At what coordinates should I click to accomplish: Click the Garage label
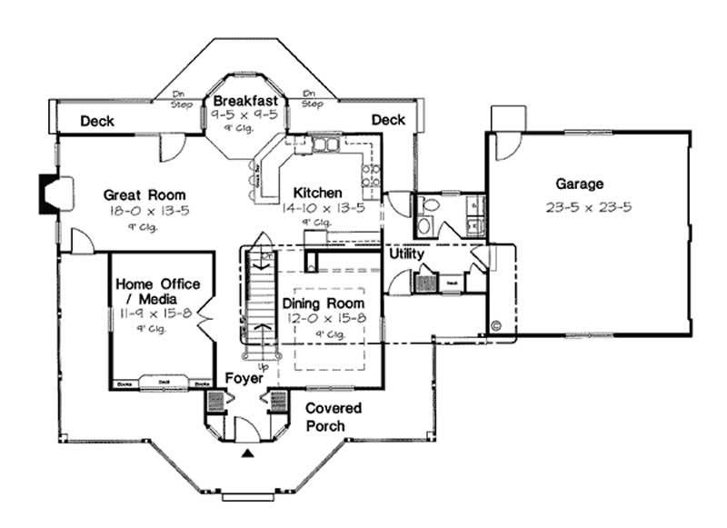pos(581,184)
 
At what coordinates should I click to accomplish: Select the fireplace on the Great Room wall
pos(47,194)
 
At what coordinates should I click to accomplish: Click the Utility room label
pos(406,254)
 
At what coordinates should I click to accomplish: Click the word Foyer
pos(244,377)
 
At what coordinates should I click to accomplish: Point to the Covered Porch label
pos(333,416)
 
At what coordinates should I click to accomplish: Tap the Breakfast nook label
pos(244,101)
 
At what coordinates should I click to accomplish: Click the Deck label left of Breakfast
pos(96,120)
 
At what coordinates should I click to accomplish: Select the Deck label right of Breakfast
pos(388,119)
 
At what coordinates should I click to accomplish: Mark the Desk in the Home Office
pos(164,383)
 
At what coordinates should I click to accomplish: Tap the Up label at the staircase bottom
pos(264,365)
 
